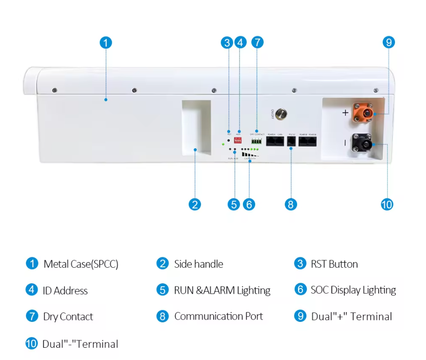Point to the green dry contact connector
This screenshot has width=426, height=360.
[x=257, y=141]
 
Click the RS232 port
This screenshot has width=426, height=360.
[x=291, y=141]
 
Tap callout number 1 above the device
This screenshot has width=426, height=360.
[x=106, y=42]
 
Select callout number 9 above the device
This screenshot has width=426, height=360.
[x=388, y=42]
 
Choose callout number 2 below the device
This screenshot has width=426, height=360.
[x=194, y=204]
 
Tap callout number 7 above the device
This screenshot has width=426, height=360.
[x=257, y=42]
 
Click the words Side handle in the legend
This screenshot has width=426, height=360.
[x=198, y=264]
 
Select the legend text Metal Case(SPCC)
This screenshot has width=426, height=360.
[x=80, y=264]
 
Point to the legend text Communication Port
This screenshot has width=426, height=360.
[x=218, y=316]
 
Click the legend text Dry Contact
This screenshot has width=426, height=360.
[x=68, y=317]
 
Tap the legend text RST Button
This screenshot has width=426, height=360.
[x=334, y=264]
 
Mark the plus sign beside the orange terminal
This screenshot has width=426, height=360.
[x=345, y=112]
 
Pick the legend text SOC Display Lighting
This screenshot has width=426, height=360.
[x=353, y=290]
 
